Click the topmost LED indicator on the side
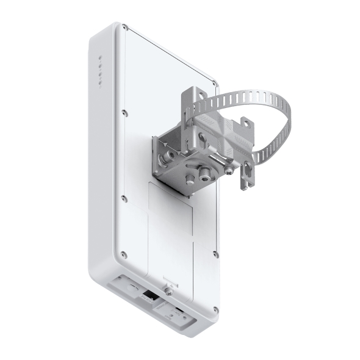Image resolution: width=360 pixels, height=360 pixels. [101, 59]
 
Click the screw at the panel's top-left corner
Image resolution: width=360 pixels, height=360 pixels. [125, 27]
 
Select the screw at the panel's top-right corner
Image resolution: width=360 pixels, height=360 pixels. [214, 82]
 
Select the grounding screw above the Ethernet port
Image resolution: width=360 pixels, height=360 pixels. [167, 287]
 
